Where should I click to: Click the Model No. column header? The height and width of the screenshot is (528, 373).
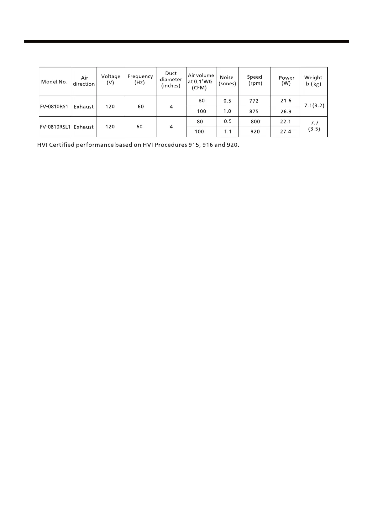(54, 82)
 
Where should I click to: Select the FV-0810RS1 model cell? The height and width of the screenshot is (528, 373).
(54, 106)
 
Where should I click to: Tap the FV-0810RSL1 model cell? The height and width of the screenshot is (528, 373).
(55, 127)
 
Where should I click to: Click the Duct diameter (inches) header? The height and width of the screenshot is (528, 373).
(171, 80)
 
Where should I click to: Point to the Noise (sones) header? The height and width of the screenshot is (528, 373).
(227, 81)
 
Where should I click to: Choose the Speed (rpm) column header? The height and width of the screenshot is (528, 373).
(255, 80)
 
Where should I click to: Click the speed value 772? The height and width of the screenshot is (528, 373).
(254, 101)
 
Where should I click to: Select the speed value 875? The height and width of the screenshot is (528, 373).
(254, 111)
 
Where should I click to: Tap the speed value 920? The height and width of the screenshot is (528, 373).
(255, 132)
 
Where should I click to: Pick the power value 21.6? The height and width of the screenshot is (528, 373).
(286, 101)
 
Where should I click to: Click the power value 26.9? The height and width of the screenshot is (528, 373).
(286, 111)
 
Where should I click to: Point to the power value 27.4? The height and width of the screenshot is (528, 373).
(286, 132)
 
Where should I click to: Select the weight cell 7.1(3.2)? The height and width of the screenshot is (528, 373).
(314, 106)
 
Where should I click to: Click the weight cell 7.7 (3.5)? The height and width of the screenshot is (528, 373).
(314, 126)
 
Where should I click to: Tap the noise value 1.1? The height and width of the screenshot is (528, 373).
(228, 132)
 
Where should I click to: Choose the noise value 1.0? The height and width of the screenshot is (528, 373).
(227, 111)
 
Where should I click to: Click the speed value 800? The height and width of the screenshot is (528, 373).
(255, 122)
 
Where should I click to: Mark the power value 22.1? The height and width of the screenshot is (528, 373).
(286, 122)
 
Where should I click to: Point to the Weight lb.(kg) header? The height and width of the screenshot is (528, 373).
(313, 81)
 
